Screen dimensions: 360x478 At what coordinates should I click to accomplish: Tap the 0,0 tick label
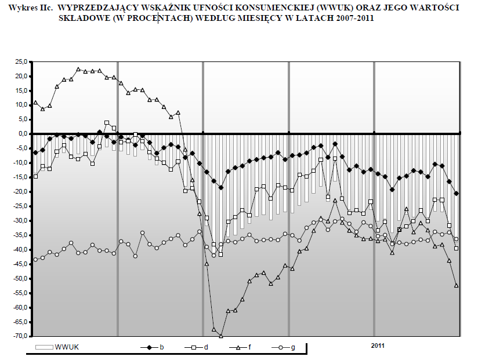(x=22, y=134)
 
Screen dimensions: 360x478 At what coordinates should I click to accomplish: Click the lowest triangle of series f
(x=221, y=336)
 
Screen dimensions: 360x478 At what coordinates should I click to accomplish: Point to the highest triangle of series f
(x=78, y=69)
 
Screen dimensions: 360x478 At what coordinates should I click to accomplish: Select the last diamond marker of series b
(x=457, y=194)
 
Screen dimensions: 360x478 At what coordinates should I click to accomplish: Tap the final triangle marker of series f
(x=457, y=285)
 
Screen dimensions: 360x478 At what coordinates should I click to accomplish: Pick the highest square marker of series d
(x=107, y=123)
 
